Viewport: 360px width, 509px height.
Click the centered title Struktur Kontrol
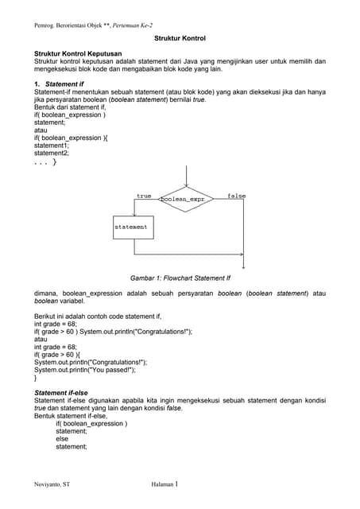click(x=180, y=38)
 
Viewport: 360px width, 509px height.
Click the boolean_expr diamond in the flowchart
click(x=186, y=199)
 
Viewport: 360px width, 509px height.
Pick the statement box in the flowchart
click(x=131, y=227)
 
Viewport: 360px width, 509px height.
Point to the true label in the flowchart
click(x=144, y=196)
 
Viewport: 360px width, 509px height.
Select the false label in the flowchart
click(x=237, y=196)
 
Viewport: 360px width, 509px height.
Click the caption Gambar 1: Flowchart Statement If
click(x=180, y=278)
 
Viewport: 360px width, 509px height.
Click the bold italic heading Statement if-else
click(x=65, y=393)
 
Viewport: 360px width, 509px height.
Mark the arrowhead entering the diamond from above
click(x=186, y=185)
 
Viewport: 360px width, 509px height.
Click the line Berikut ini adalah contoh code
click(x=98, y=317)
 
